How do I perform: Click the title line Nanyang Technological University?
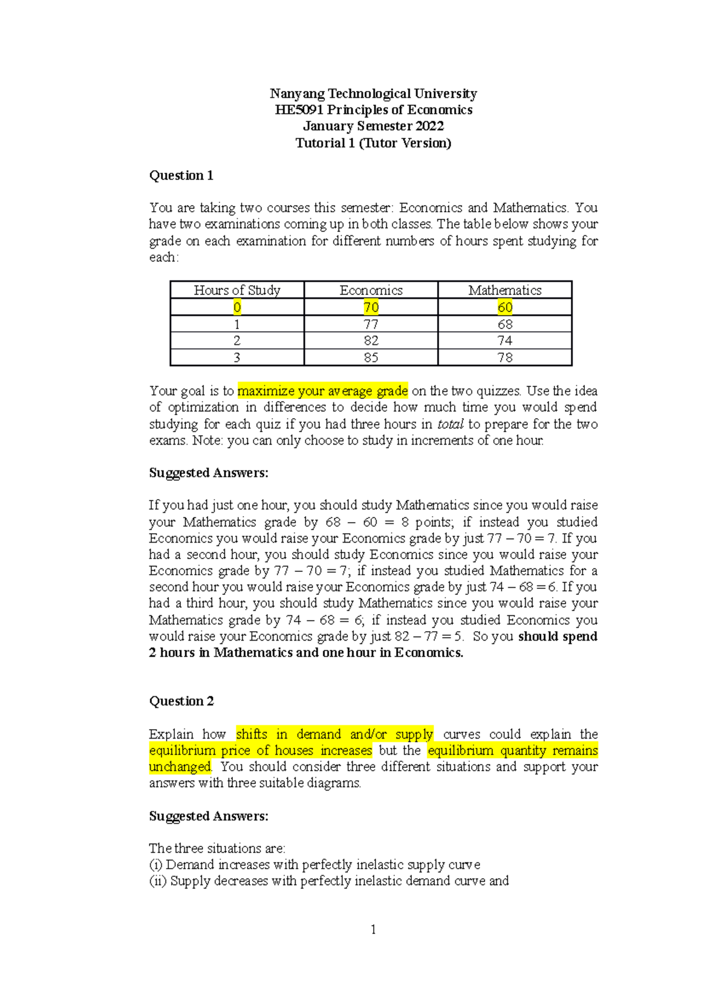pos(373,94)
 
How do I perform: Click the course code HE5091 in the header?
pos(299,110)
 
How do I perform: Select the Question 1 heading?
pos(181,175)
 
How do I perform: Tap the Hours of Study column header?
pos(237,290)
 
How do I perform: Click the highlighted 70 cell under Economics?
pos(371,307)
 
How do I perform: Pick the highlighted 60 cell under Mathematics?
pos(505,307)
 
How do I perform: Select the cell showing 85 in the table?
pos(371,357)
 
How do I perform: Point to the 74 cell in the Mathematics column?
pos(505,341)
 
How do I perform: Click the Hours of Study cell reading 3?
pos(237,357)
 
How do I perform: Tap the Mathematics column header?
pos(505,290)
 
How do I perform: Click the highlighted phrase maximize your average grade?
pos(322,391)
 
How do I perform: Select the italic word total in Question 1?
pos(451,424)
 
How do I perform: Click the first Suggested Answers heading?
pos(208,473)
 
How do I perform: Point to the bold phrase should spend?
pos(557,636)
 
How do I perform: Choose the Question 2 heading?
pos(181,701)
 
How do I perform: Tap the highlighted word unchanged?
pos(180,767)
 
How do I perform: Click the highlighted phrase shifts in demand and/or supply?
pos(334,734)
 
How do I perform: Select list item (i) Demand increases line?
pos(314,865)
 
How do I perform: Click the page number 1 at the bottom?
pos(373,929)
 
